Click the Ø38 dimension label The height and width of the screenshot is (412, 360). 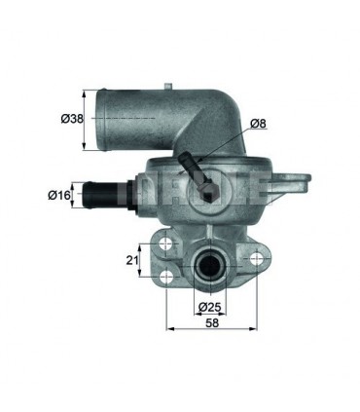(72, 119)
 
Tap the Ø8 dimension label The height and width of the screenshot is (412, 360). (258, 124)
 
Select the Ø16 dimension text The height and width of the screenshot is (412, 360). (59, 195)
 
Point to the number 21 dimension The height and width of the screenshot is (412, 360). (131, 260)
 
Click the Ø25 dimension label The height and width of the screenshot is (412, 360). (209, 307)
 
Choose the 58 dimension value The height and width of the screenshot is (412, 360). (212, 323)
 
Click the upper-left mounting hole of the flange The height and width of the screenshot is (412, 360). (166, 243)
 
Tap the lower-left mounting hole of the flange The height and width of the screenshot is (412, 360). (166, 277)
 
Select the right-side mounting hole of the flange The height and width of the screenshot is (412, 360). (257, 258)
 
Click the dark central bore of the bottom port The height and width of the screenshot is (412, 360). (209, 266)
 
